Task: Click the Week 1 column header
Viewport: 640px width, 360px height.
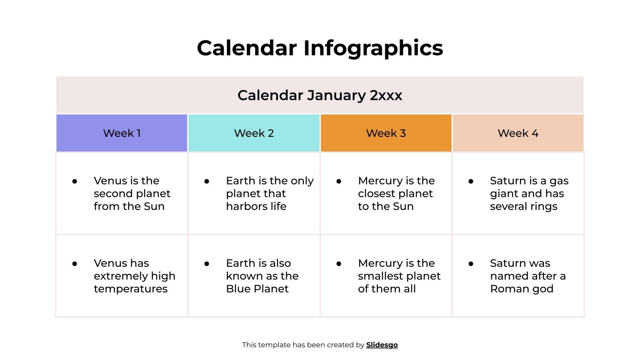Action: pyautogui.click(x=122, y=133)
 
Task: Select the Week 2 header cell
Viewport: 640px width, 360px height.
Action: pyautogui.click(x=254, y=133)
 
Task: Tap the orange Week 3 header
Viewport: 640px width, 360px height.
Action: pyautogui.click(x=386, y=133)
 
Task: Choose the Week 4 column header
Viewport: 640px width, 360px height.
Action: pyautogui.click(x=518, y=133)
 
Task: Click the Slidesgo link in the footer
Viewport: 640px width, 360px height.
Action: pyautogui.click(x=382, y=345)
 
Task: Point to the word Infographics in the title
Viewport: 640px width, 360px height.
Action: pyautogui.click(x=373, y=48)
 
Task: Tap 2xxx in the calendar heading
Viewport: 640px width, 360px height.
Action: pyautogui.click(x=386, y=95)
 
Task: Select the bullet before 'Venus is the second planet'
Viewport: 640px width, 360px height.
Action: pyautogui.click(x=75, y=181)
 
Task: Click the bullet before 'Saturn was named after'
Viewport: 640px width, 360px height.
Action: pyautogui.click(x=471, y=264)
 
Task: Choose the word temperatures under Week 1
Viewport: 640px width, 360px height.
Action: pyautogui.click(x=131, y=289)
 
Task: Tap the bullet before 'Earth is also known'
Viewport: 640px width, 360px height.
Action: pyautogui.click(x=207, y=264)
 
